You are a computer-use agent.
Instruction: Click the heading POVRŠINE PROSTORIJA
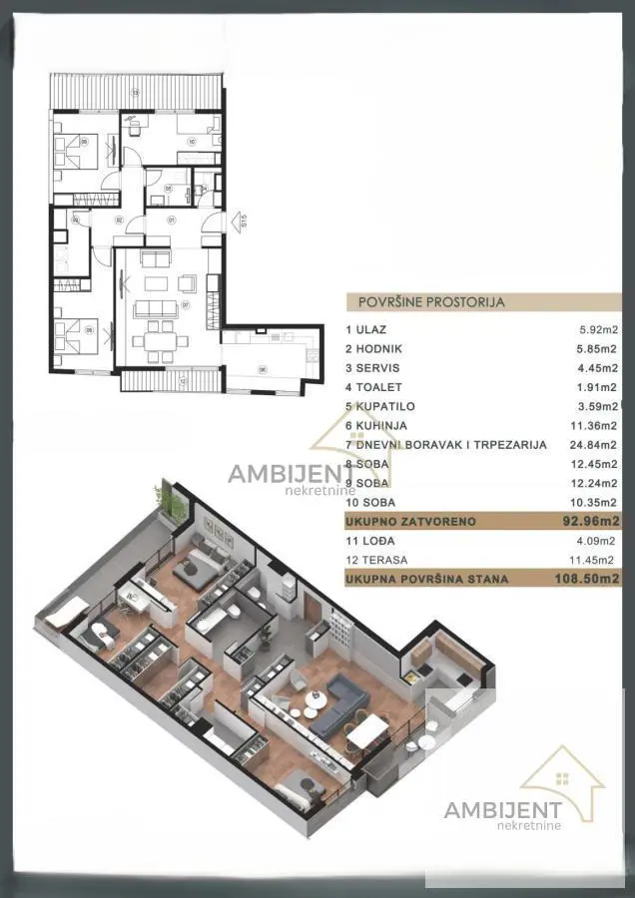pos(425,300)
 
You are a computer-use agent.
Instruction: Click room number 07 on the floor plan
pos(185,303)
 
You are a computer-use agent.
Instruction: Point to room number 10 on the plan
pos(192,142)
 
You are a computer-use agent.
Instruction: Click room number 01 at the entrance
pos(171,220)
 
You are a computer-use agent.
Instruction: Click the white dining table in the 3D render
pos(367,733)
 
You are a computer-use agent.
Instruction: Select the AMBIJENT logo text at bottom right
pos(501,810)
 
